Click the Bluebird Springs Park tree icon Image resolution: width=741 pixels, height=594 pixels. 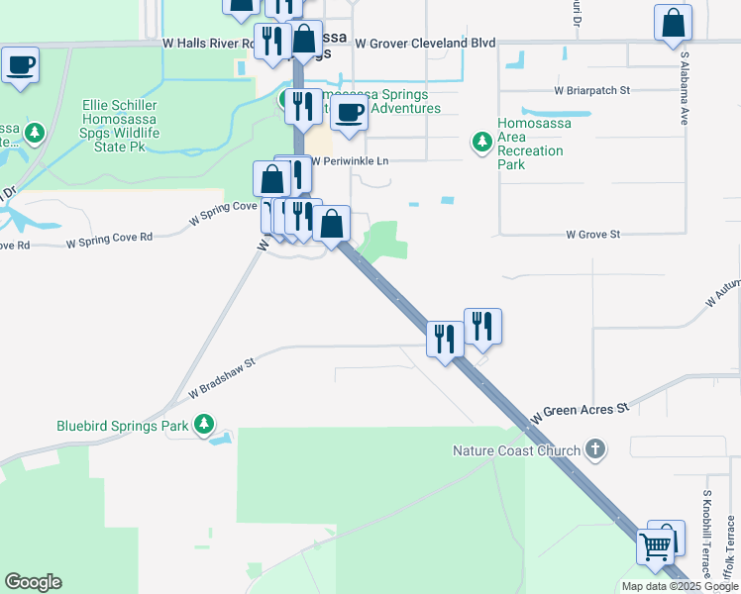click(204, 424)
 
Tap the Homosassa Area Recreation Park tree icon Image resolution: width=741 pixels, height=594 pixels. click(482, 143)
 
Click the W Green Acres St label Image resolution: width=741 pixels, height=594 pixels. click(581, 408)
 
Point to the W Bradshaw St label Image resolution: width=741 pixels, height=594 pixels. click(222, 379)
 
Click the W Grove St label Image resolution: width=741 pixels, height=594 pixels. click(592, 235)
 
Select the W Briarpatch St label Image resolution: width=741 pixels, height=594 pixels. click(592, 90)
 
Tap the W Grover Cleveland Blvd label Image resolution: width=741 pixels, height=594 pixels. click(425, 44)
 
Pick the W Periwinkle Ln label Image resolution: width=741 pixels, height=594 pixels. click(352, 160)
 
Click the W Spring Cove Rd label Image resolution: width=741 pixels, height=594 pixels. click(109, 238)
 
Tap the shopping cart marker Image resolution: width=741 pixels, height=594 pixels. click(654, 545)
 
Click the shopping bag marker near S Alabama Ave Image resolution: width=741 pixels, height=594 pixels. click(674, 22)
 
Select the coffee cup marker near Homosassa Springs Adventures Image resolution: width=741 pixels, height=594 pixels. click(349, 113)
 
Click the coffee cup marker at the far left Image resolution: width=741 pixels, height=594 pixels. click(20, 65)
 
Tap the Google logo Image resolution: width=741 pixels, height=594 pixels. click(33, 582)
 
